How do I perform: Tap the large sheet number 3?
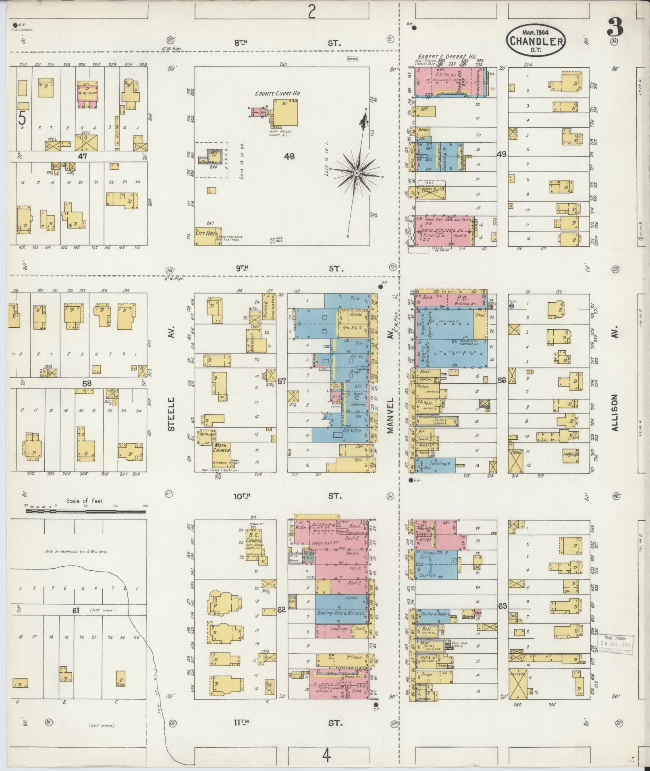point(614,27)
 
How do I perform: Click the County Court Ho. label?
point(278,94)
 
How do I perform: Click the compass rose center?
point(357,173)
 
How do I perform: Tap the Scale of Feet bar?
point(87,511)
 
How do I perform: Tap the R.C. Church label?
point(255,538)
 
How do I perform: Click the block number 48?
point(289,156)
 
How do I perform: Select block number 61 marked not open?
point(75,611)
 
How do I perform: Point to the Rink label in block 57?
point(355,299)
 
